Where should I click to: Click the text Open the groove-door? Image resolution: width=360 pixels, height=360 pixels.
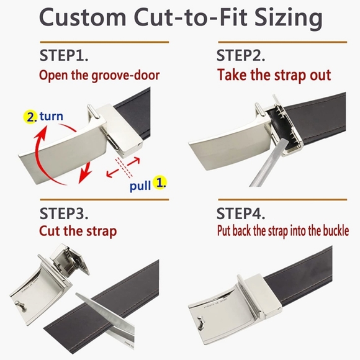[x=99, y=75]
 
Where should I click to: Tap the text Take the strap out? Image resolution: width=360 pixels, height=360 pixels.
[x=274, y=75]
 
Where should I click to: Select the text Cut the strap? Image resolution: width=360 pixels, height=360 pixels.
[x=78, y=232]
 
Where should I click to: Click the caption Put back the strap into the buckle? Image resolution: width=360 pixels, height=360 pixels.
[x=282, y=232]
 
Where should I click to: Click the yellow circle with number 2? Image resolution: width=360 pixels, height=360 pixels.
[x=30, y=116]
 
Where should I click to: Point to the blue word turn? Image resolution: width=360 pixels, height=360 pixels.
[x=52, y=116]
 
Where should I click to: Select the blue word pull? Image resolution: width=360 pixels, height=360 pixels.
[x=140, y=185]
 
